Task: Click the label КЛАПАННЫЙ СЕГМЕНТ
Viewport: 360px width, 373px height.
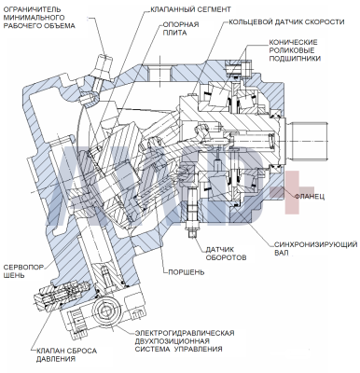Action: tap(190, 9)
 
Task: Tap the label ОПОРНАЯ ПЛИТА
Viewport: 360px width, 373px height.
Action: tap(181, 29)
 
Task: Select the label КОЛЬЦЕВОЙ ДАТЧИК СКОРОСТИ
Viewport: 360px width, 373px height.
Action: tap(286, 22)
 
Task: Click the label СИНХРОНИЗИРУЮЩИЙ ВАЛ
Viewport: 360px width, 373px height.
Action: tap(315, 249)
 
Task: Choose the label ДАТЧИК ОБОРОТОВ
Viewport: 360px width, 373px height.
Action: tap(226, 254)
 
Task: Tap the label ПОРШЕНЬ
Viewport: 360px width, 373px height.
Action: tap(187, 272)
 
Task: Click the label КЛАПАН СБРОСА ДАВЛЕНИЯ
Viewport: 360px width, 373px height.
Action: tap(66, 354)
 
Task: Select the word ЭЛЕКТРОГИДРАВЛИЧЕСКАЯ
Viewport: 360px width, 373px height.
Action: tap(185, 333)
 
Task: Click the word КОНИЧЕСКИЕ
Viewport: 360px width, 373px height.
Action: tap(293, 42)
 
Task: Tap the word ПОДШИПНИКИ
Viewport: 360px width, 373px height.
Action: tap(295, 58)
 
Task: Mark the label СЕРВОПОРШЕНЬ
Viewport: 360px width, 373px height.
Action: tap(23, 271)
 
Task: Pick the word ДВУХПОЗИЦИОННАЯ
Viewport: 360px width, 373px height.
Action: tap(171, 341)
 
